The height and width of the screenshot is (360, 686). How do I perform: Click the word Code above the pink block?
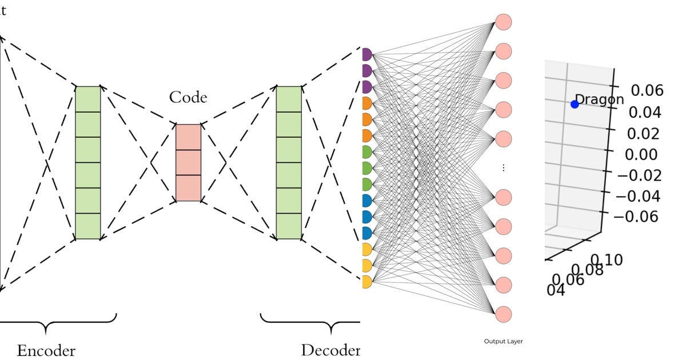188,98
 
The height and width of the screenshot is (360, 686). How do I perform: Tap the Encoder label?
46,350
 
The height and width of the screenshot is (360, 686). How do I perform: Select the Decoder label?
330,350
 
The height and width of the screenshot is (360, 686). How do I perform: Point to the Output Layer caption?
503,342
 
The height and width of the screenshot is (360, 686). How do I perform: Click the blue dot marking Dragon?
575,104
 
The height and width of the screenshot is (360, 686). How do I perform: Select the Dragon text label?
599,99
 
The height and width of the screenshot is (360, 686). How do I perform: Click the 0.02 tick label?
642,133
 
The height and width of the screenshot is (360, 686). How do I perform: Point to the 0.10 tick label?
608,261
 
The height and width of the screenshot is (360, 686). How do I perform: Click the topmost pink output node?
503,22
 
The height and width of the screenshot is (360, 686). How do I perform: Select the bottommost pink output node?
503,314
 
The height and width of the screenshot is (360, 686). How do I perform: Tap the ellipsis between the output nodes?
503,168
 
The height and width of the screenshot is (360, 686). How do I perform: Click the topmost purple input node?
366,55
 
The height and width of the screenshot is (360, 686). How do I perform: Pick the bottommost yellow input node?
366,282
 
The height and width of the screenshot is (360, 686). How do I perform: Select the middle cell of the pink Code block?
188,163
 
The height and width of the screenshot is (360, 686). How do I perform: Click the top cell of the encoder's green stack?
88,99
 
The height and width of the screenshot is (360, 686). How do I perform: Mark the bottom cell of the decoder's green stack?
289,226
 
